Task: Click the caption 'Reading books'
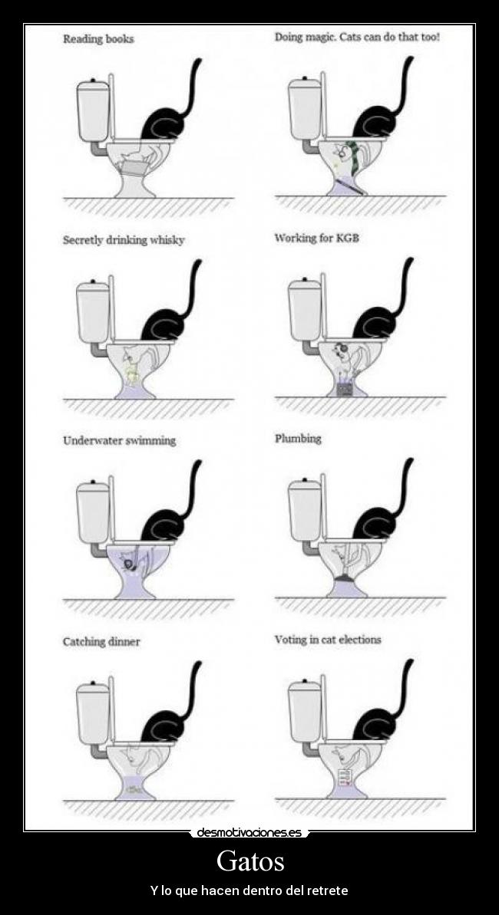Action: [x=98, y=39]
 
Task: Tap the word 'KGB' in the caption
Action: [x=346, y=238]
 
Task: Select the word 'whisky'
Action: [x=167, y=240]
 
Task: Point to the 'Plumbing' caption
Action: [x=298, y=439]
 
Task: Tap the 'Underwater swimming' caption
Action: [x=119, y=440]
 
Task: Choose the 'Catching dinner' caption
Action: [x=101, y=642]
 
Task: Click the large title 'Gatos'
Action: [x=250, y=861]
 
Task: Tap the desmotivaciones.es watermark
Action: [x=249, y=833]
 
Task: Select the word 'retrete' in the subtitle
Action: [x=328, y=891]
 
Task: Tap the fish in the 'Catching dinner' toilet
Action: [x=136, y=789]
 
